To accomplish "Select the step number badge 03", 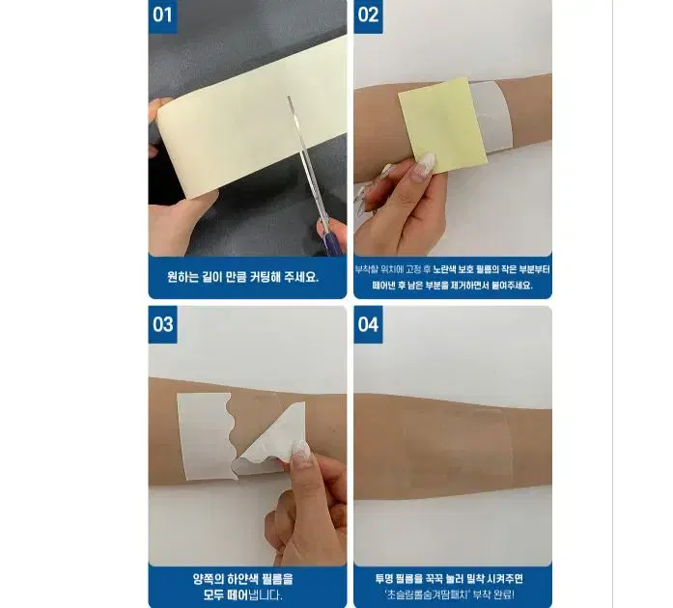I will coord(162,323).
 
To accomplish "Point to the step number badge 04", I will coord(368,323).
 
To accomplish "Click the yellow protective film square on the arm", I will coord(442,125).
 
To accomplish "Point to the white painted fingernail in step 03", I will coord(300,450).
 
